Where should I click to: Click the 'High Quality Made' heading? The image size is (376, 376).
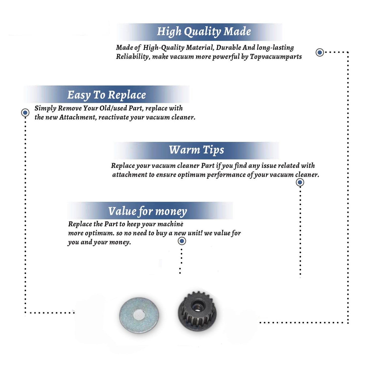(x=204, y=32)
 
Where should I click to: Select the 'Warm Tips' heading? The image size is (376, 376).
(x=196, y=150)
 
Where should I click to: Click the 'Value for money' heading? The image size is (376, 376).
(x=148, y=211)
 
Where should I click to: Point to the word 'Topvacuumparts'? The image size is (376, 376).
(x=276, y=57)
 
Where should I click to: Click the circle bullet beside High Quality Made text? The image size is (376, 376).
(x=320, y=52)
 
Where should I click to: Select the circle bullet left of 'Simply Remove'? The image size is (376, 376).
(x=25, y=113)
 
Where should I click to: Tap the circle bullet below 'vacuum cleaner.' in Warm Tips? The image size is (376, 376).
(x=300, y=182)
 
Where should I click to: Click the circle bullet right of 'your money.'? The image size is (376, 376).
(x=182, y=241)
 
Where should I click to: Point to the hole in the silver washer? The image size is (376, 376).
(x=139, y=315)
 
